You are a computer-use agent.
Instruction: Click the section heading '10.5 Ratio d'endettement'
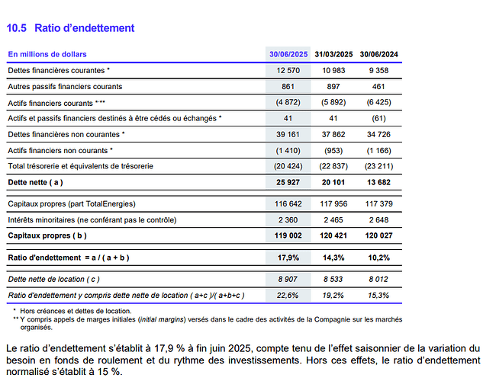pyautogui.click(x=70, y=28)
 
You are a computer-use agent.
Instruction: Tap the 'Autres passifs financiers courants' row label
pyautogui.click(x=65, y=86)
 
